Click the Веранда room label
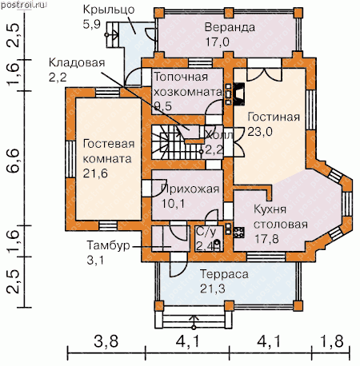(230, 27)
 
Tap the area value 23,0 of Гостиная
(260, 131)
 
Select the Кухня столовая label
(280, 217)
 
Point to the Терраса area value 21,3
(213, 288)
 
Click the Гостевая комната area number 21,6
(95, 173)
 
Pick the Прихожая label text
(190, 189)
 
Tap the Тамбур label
(108, 245)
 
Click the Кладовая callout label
(77, 63)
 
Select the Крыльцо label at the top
(109, 10)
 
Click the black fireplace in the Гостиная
(239, 93)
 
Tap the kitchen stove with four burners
(239, 233)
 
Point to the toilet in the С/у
(217, 245)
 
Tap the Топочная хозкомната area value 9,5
(163, 106)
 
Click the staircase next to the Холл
(176, 142)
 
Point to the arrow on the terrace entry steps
(194, 322)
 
